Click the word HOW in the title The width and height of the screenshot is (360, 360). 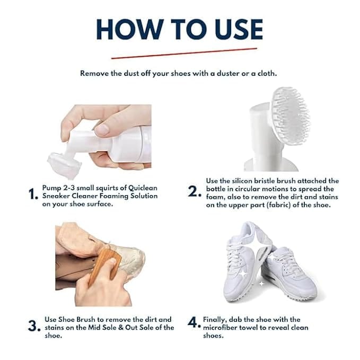[x=130, y=29]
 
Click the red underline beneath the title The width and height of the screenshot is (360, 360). [x=184, y=53]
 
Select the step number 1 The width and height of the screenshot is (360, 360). [x=33, y=194]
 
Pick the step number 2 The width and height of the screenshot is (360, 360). [x=194, y=191]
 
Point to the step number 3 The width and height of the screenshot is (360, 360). [x=34, y=326]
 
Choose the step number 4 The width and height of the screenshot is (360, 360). [x=194, y=322]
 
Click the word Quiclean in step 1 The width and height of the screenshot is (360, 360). [x=143, y=188]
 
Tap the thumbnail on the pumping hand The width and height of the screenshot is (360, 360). [x=102, y=130]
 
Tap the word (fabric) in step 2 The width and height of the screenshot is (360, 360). [x=279, y=205]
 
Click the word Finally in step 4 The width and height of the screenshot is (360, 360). [x=215, y=320]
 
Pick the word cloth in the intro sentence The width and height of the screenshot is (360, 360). [x=267, y=74]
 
